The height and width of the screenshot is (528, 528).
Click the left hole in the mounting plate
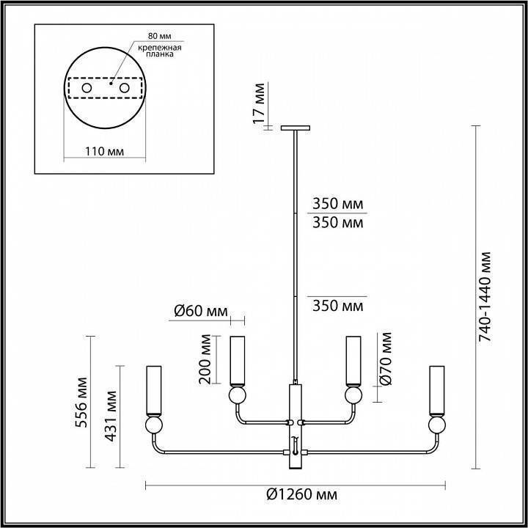tap(87, 89)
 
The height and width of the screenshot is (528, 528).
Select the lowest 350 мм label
tap(337, 306)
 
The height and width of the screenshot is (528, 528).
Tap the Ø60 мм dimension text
tap(200, 311)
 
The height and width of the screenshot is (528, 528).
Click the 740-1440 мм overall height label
tap(485, 296)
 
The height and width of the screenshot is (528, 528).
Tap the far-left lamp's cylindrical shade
tap(154, 389)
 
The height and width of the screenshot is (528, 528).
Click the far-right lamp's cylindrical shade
tap(438, 389)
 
